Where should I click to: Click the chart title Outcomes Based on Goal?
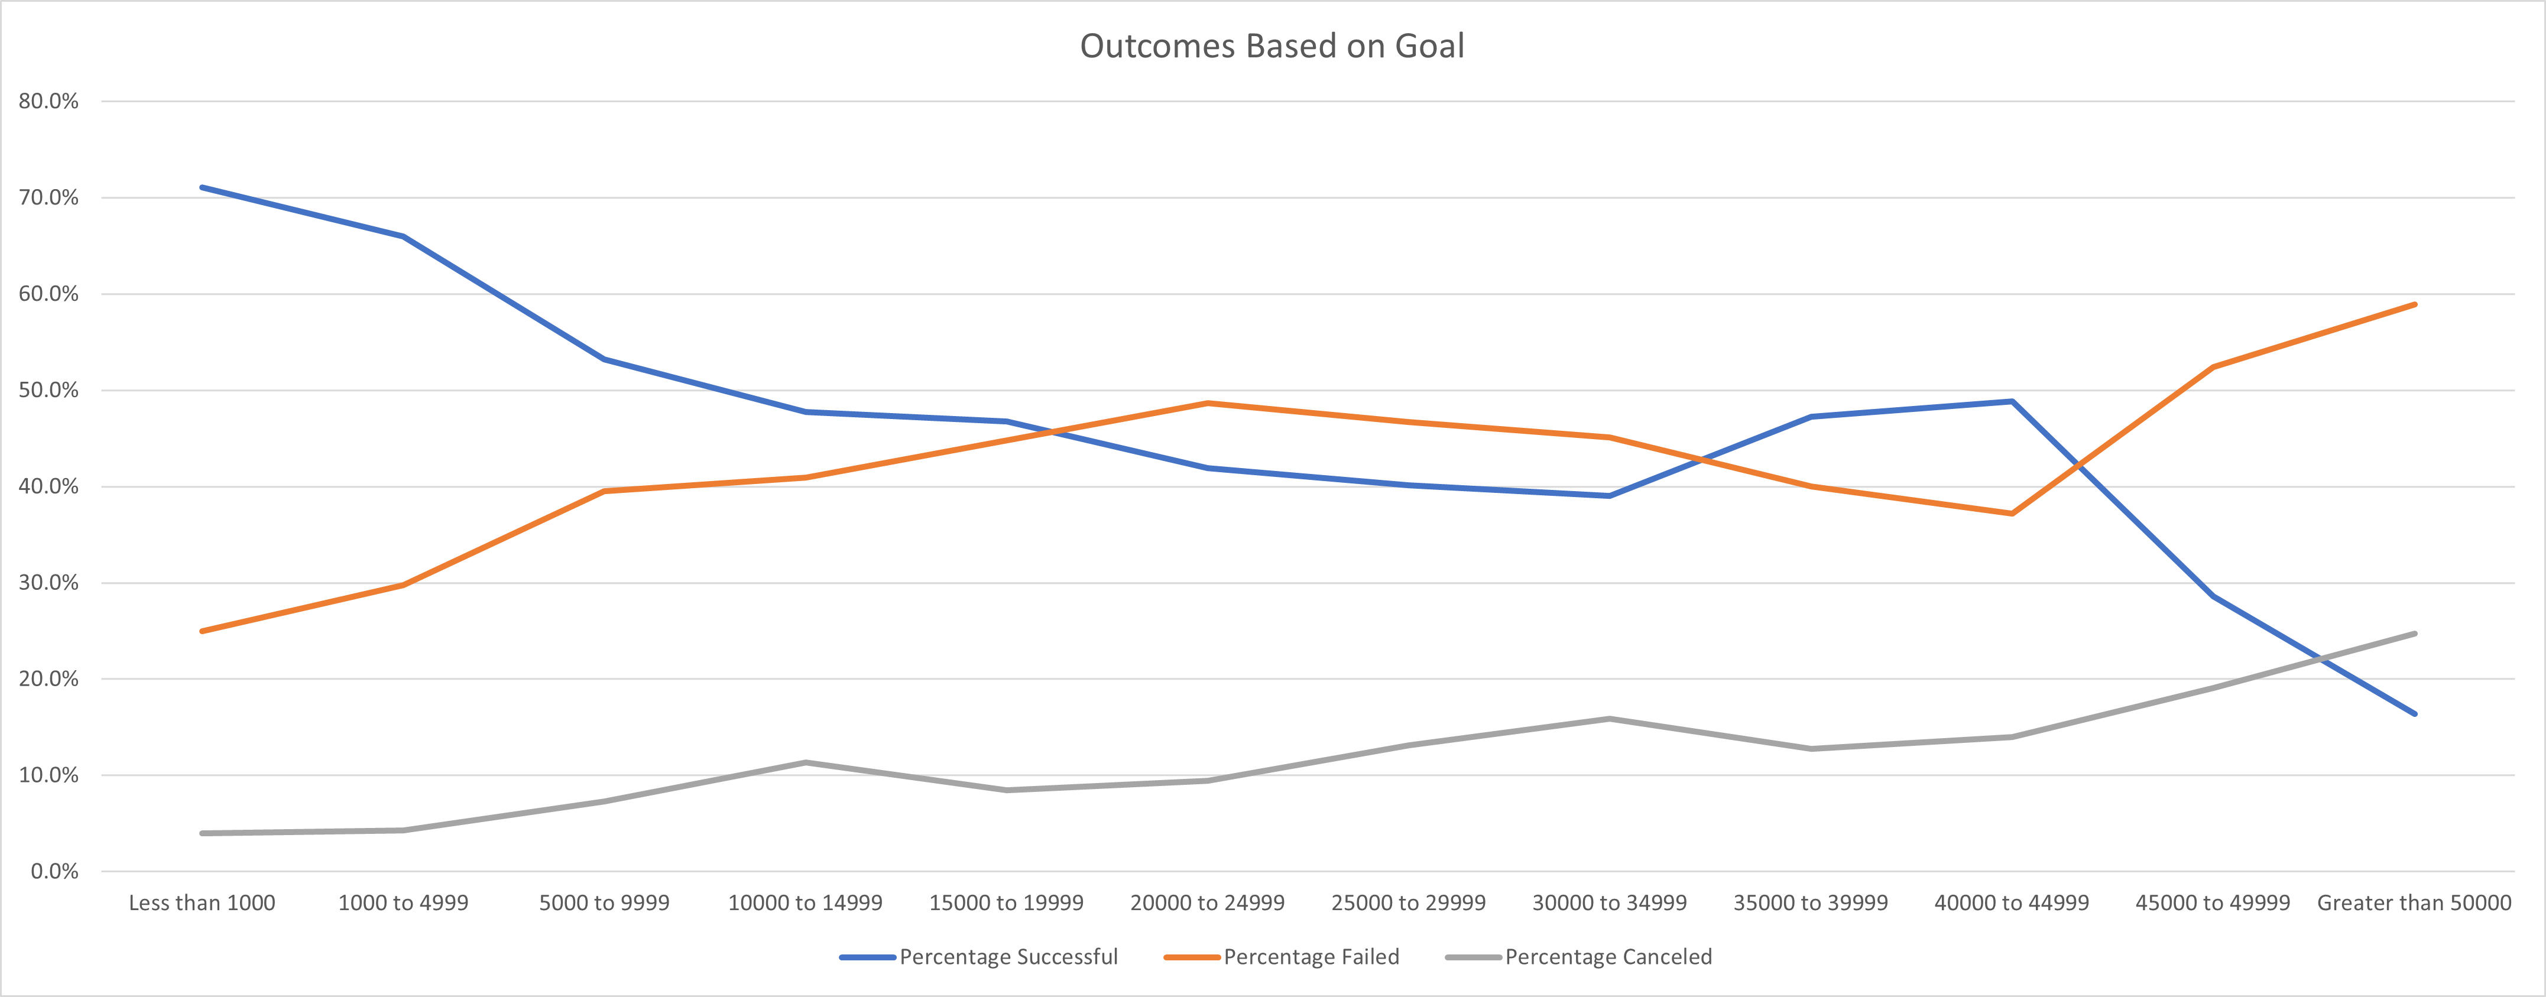(1272, 47)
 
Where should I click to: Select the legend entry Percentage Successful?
(1008, 956)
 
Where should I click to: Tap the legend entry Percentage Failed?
(1311, 956)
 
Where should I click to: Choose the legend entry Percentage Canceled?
(1608, 956)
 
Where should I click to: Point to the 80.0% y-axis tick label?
(48, 101)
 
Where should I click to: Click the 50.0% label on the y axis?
(48, 390)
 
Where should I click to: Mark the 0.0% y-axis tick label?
(54, 872)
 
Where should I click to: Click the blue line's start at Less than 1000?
(202, 187)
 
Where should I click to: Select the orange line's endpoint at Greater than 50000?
(2415, 304)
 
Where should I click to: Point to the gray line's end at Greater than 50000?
(2415, 634)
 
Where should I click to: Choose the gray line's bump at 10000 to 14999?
(806, 762)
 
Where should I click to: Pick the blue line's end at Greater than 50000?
(2415, 713)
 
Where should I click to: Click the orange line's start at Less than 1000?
(202, 631)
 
